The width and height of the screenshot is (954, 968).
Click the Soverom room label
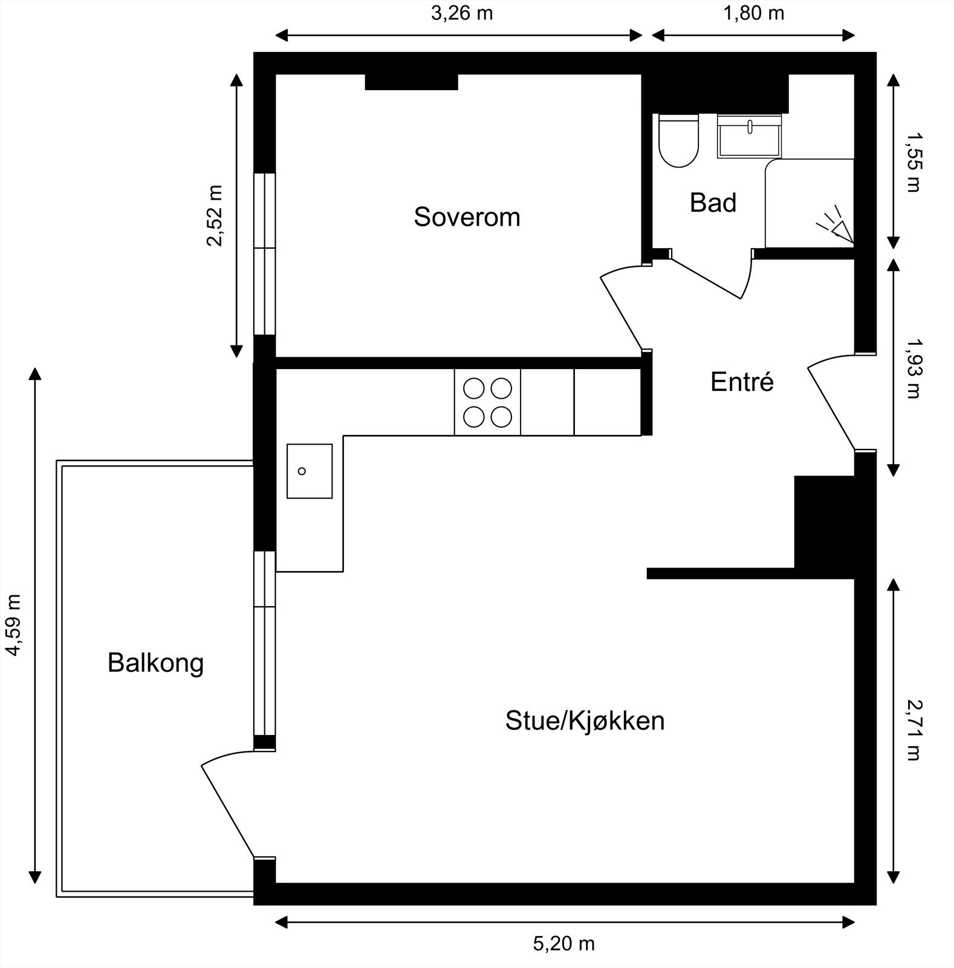tap(467, 217)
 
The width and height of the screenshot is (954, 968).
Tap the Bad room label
tap(713, 203)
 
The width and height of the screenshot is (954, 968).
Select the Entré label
tap(742, 382)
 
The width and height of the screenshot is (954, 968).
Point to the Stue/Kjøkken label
tap(585, 721)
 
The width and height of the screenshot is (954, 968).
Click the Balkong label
tap(155, 663)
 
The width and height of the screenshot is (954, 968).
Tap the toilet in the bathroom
tap(678, 141)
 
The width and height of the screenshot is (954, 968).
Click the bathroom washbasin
tap(749, 137)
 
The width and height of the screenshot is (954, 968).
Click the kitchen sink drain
tap(302, 471)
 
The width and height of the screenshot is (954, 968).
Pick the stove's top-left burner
tap(474, 388)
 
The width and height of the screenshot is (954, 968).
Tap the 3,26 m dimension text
tap(462, 13)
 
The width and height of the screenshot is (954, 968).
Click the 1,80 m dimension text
tap(753, 13)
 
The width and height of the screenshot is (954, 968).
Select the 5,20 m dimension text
tap(563, 944)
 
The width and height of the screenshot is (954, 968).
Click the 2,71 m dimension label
tap(913, 730)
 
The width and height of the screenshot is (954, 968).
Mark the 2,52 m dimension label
tap(215, 216)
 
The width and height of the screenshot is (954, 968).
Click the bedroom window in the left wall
tap(264, 254)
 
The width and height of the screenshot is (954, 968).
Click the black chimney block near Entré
tap(823, 522)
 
